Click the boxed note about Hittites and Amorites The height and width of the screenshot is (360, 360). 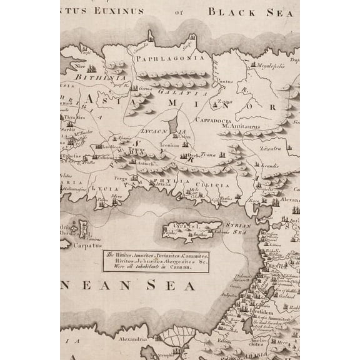point(166,258)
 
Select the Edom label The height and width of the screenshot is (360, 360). point(224,341)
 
